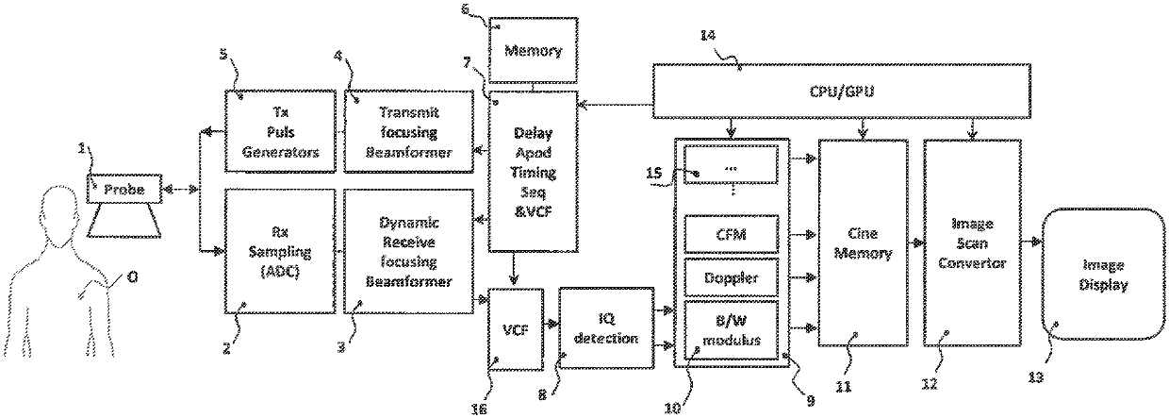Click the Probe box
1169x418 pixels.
[124, 189]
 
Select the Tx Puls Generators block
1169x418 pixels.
[280, 131]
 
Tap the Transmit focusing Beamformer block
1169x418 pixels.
[408, 131]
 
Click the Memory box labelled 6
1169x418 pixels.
[533, 50]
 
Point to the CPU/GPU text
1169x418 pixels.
[841, 92]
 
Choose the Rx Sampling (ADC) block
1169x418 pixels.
[280, 251]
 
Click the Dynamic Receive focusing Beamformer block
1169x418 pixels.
[408, 251]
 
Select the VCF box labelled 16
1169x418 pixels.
[515, 328]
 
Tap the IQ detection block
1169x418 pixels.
[606, 327]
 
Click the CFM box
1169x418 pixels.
[732, 234]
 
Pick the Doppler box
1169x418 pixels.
[732, 276]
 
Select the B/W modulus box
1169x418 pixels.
[732, 330]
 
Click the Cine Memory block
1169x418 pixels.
[863, 242]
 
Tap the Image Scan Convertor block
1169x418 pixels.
[972, 242]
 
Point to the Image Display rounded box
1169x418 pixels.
[1103, 275]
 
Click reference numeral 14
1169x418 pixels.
[708, 36]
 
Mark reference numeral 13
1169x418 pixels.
[1035, 376]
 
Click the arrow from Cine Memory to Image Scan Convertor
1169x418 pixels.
[916, 242]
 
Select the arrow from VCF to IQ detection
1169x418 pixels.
[552, 324]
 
